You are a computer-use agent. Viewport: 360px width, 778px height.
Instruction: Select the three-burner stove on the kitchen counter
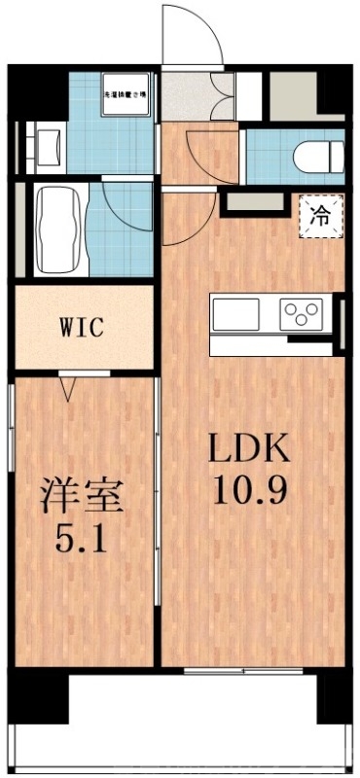pyautogui.click(x=301, y=314)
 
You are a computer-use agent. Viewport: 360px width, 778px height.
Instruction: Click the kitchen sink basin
pyautogui.click(x=235, y=314)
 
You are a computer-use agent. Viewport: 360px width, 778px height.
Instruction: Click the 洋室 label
pyautogui.click(x=82, y=495)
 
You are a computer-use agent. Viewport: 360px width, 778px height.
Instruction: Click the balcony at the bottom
pyautogui.click(x=180, y=725)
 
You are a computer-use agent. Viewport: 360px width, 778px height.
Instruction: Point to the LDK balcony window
pyautogui.click(x=233, y=671)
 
